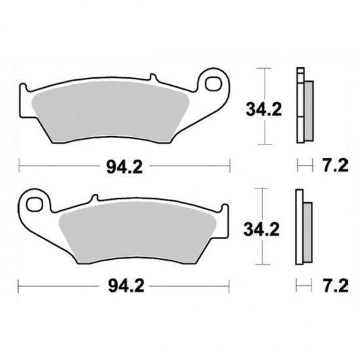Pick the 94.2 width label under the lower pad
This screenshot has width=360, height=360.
(124, 286)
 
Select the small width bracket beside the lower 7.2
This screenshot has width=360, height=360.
(302, 286)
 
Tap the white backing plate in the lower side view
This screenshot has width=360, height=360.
(300, 229)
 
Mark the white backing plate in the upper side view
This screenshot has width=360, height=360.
(300, 108)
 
